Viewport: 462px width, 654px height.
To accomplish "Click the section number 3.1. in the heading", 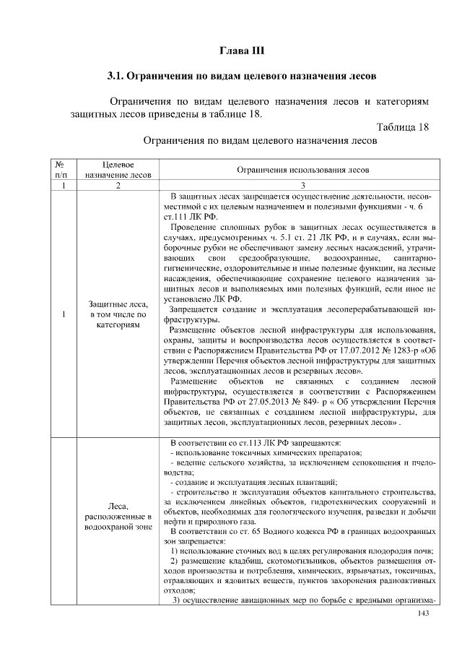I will point(118,75).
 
